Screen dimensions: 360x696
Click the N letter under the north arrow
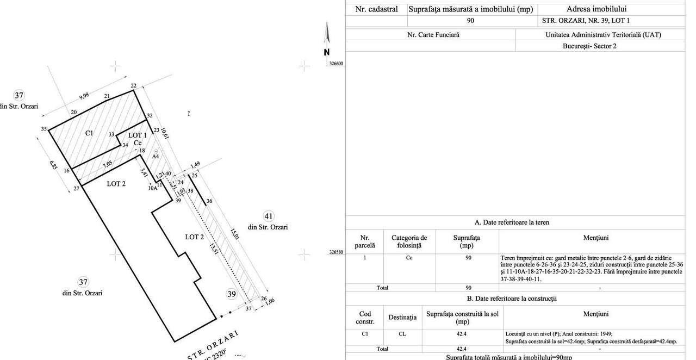(327, 52)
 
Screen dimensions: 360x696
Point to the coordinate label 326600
(337, 64)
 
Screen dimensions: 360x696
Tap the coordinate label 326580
(337, 252)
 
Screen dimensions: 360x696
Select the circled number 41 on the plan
(268, 215)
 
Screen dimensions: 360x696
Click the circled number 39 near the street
(232, 294)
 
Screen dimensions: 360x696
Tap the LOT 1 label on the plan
(137, 135)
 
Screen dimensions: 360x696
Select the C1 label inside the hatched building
(89, 133)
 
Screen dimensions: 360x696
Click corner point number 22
(134, 86)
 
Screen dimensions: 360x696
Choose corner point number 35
(44, 129)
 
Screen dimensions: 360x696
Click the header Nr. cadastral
(376, 9)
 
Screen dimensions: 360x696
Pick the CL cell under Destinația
(402, 334)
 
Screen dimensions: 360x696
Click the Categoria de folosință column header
(409, 241)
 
